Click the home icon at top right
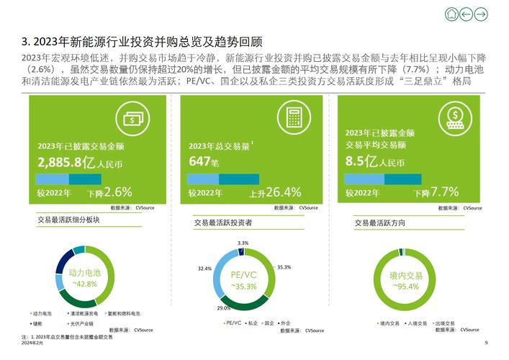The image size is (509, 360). click(x=451, y=14)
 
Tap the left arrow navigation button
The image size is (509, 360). click(x=466, y=14)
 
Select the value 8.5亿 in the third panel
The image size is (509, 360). click(x=364, y=162)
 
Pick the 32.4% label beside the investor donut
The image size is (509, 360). click(x=204, y=269)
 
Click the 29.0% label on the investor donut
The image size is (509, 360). click(x=224, y=308)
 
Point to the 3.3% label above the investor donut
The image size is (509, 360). click(x=243, y=243)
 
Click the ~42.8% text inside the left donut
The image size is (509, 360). click(x=84, y=284)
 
